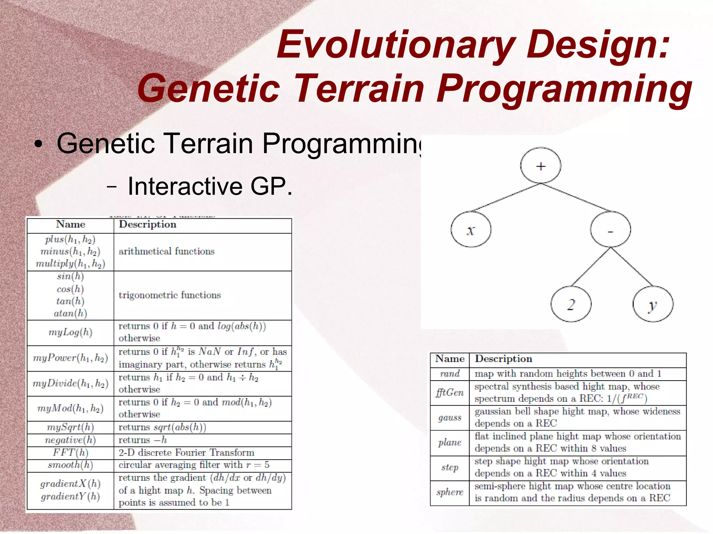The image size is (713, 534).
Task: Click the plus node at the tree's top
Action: tap(540, 166)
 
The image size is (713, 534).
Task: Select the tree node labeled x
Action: tap(471, 230)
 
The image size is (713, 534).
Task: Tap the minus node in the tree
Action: tap(610, 230)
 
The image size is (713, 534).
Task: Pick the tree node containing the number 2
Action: tap(571, 304)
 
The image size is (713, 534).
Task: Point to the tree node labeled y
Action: tap(653, 304)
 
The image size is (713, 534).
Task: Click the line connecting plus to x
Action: tap(506, 197)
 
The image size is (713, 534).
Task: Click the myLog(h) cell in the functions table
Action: tap(70, 332)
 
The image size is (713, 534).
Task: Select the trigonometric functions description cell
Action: tap(170, 295)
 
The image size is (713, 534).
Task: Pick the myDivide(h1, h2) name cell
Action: tap(70, 383)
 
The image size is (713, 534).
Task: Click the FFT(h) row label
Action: tap(70, 453)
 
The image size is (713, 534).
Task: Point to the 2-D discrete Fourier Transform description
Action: tap(186, 453)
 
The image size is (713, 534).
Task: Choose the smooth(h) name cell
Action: tap(70, 465)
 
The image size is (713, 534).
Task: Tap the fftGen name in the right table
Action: tap(450, 392)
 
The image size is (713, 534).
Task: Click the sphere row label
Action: tap(450, 492)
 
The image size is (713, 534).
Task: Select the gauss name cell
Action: tap(450, 417)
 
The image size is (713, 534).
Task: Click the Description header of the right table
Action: tap(503, 359)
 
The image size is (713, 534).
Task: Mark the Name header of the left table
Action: tap(70, 224)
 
